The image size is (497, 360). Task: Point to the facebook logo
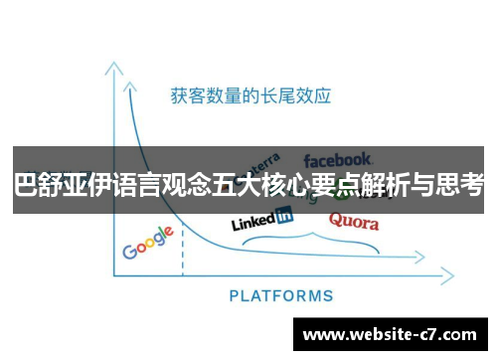pos(338,159)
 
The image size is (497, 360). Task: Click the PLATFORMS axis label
pos(281,295)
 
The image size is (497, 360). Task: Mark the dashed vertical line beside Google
pos(183,256)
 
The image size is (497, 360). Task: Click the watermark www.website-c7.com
pos(390,332)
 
